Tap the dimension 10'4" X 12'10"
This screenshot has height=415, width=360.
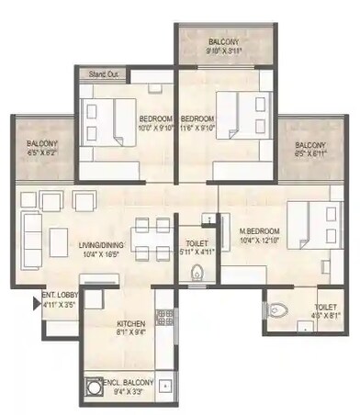coord(256,240)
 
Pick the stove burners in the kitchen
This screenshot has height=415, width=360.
coord(166,318)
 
